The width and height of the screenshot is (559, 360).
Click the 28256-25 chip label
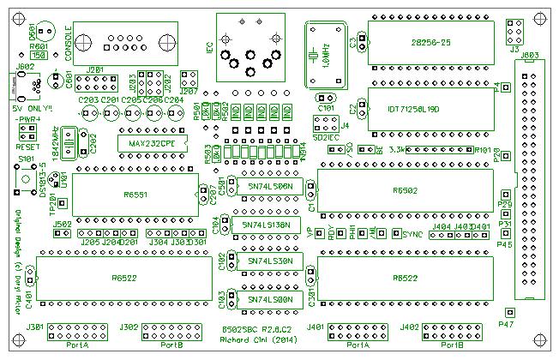pos(432,41)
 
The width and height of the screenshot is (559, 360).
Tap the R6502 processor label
pos(405,190)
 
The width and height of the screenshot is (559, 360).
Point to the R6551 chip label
pos(135,195)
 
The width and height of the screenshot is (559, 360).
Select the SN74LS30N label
pos(269,260)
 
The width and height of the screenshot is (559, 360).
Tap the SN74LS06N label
pos(269,186)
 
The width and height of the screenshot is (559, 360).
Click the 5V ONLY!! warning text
pos(32,108)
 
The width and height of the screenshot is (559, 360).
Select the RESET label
pos(27,147)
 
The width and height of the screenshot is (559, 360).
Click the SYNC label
pos(412,234)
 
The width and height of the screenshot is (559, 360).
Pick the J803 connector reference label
pos(529,57)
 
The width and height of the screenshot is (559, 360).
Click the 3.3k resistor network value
pos(398,150)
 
